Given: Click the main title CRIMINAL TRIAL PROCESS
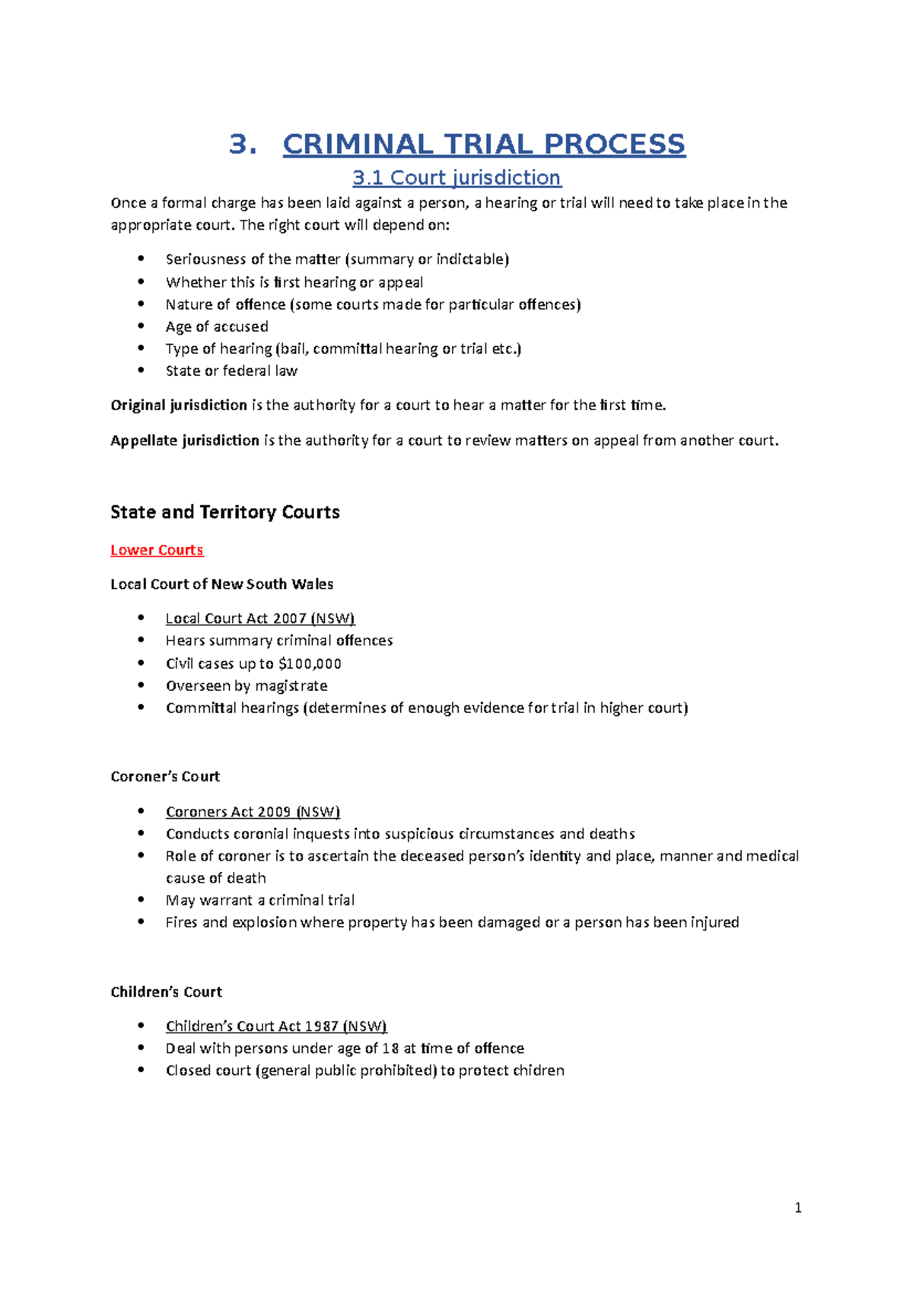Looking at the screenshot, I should click(x=484, y=144).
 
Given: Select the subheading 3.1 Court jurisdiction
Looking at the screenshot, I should click(x=456, y=178).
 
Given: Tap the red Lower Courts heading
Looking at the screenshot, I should click(x=157, y=550).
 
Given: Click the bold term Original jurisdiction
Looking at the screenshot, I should click(x=179, y=406).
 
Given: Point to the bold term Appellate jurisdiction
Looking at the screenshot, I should click(x=185, y=441).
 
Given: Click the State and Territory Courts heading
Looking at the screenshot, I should click(x=224, y=512).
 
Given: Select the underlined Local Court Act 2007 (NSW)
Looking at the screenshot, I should click(x=260, y=619).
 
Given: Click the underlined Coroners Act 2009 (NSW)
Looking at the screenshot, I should click(x=253, y=812).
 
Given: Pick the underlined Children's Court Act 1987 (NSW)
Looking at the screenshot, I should click(x=276, y=1026).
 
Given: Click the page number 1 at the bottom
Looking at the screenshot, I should click(x=797, y=1208).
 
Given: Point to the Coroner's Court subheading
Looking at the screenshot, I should click(x=165, y=777).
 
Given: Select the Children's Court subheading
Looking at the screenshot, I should click(x=166, y=992).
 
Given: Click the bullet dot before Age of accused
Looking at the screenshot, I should click(x=141, y=326).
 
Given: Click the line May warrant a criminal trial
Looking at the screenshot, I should click(x=260, y=900).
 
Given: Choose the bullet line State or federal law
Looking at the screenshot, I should click(x=231, y=371).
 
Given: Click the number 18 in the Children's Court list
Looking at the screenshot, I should click(x=390, y=1049).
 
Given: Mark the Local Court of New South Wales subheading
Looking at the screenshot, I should click(x=221, y=584).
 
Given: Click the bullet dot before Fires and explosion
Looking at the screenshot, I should click(x=141, y=921).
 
